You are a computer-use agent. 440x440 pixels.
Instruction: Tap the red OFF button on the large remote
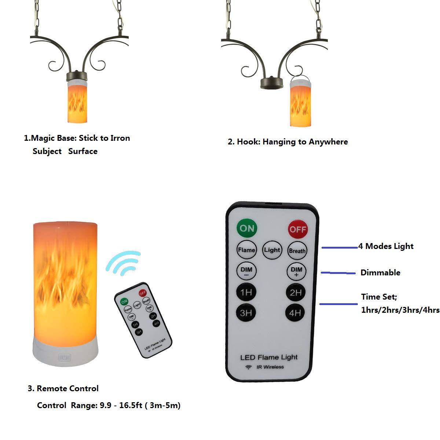[297, 230]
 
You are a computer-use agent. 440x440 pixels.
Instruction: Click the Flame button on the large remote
[246, 250]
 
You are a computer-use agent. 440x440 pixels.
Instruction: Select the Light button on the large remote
[272, 250]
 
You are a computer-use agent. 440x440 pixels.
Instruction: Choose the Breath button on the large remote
[297, 251]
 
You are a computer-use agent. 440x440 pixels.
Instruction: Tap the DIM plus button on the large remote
[296, 272]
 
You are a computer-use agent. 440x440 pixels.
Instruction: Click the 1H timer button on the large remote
[246, 292]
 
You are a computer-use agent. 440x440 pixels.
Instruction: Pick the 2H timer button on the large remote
[296, 293]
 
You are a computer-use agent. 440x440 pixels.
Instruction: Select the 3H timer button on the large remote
[246, 313]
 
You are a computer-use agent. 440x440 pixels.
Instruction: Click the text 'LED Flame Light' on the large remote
[269, 357]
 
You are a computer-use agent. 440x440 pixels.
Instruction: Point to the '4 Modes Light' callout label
[386, 246]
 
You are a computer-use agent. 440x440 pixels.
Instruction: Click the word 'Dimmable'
[380, 272]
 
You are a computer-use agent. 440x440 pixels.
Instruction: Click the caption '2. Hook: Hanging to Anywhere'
[288, 142]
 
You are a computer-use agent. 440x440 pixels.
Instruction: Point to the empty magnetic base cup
[272, 83]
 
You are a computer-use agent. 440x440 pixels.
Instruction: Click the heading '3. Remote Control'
[63, 388]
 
